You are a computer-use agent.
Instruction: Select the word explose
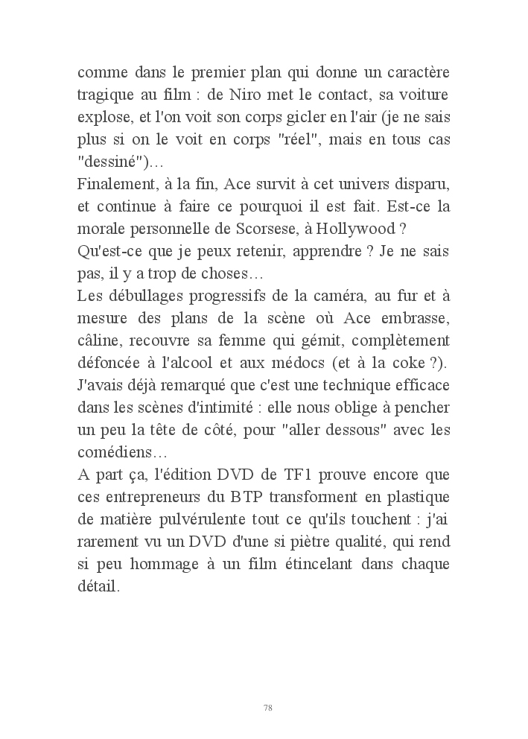click(x=103, y=118)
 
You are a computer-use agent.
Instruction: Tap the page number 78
click(x=267, y=707)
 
